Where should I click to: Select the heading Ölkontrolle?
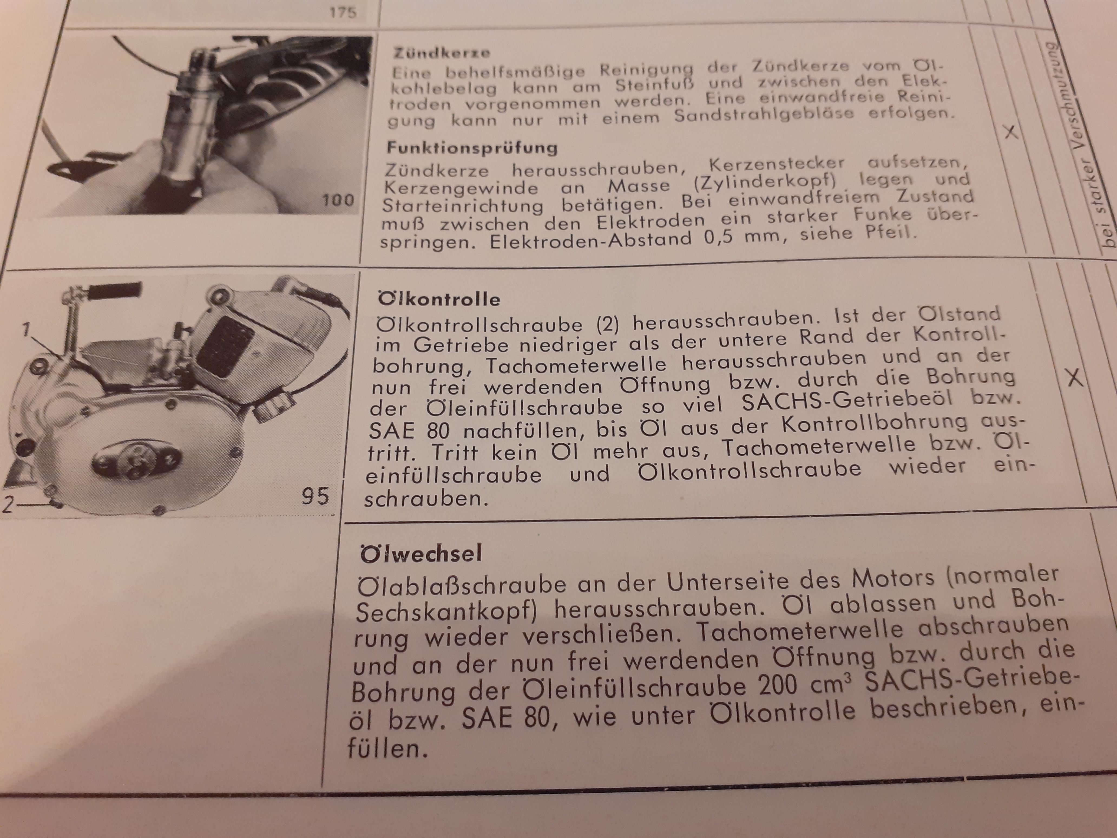[439, 299]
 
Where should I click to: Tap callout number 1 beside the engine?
[26, 329]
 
